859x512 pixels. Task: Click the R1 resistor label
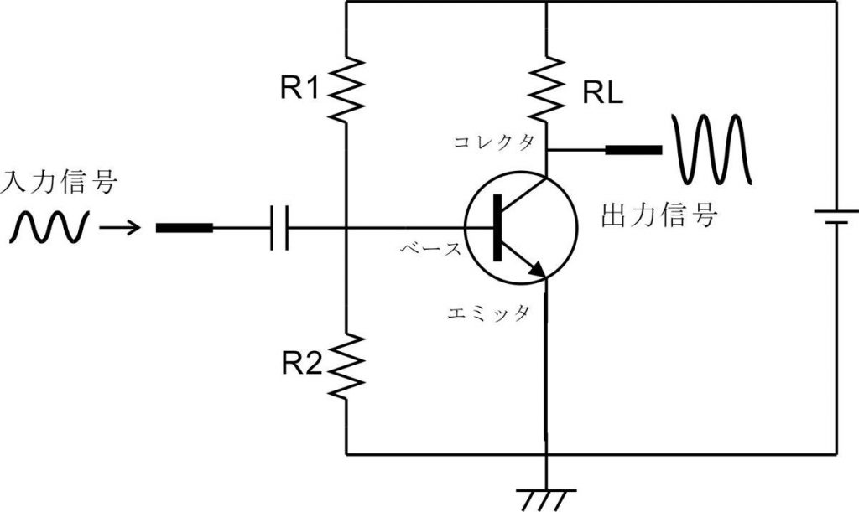[299, 87]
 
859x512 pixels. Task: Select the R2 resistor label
[302, 363]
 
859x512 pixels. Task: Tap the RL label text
[602, 94]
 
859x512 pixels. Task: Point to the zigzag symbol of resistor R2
[346, 365]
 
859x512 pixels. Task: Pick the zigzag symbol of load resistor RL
[547, 87]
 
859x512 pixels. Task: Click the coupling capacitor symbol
[279, 228]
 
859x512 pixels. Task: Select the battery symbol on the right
[836, 217]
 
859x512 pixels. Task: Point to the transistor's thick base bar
[497, 228]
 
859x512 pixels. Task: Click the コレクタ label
[494, 142]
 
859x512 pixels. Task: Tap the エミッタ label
[489, 313]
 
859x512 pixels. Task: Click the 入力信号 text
[59, 183]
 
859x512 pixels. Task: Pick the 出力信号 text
[659, 215]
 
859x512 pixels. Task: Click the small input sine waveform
[49, 227]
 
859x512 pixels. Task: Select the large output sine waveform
[712, 149]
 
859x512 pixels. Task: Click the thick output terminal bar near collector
[633, 150]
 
